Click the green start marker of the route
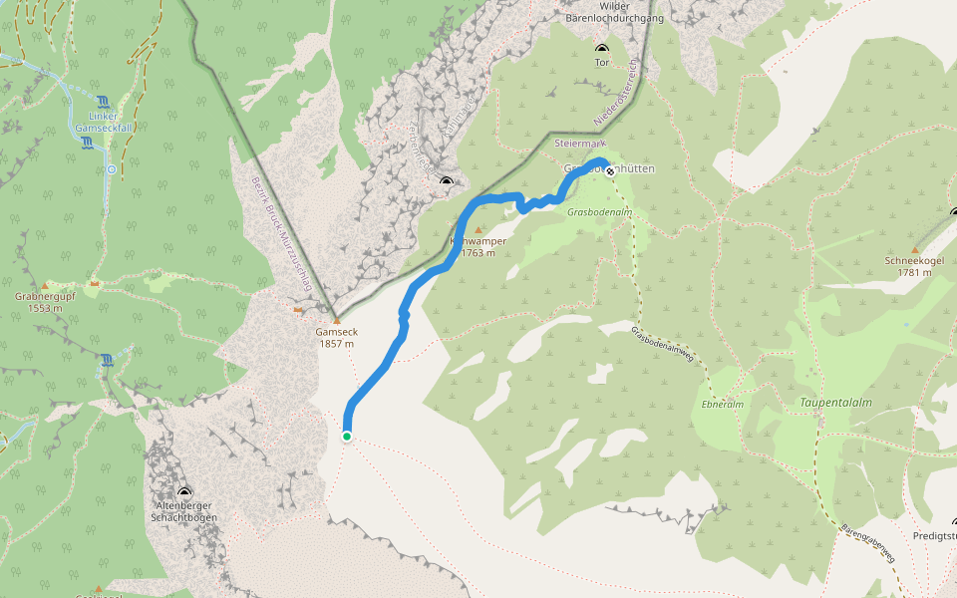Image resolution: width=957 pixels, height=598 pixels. coord(347,437)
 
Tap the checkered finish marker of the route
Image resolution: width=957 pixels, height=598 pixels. coord(610,171)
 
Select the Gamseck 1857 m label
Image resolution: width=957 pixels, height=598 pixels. coord(335,338)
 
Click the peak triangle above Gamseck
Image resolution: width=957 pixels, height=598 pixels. coord(335,319)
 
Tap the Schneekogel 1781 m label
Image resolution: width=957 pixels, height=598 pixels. coord(914,266)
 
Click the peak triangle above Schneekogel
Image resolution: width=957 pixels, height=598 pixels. coord(915,249)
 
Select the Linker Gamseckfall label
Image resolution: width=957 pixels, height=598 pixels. coord(103,122)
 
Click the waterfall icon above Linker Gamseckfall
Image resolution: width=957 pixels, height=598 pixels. coord(104,101)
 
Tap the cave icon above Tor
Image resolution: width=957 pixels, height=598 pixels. coord(601,48)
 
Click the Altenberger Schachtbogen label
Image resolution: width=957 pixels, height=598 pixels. coord(184,512)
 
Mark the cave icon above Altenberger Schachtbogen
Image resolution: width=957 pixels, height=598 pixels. coord(184,492)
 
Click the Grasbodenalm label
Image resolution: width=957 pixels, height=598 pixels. coord(595,212)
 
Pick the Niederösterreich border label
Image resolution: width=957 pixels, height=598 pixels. coord(621,95)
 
